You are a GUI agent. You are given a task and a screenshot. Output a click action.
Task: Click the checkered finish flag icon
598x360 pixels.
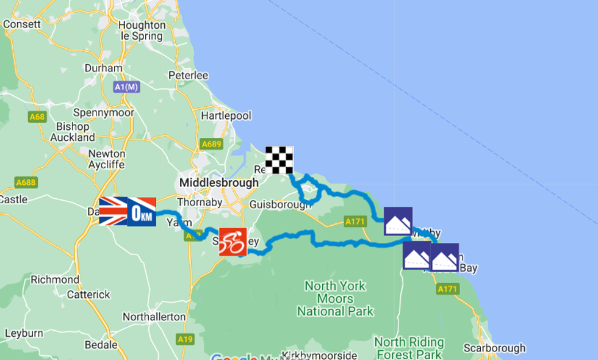pyautogui.click(x=279, y=160)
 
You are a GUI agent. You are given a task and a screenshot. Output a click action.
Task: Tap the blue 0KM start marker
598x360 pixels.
pyautogui.click(x=142, y=212)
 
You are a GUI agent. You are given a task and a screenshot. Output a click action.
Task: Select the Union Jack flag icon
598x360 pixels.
pyautogui.click(x=113, y=211)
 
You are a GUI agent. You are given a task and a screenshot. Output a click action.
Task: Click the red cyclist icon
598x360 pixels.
pyautogui.click(x=233, y=242)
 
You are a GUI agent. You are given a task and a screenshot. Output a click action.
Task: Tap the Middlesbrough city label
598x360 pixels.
pyautogui.click(x=218, y=182)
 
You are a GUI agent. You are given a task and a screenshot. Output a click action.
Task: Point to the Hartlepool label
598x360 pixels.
pyautogui.click(x=226, y=115)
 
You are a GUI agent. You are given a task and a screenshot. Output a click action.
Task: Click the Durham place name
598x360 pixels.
pyautogui.click(x=103, y=68)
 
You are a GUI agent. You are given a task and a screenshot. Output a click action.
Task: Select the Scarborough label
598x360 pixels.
pyautogui.click(x=494, y=348)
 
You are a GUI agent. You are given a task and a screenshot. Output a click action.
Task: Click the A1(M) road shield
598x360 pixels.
pyautogui.click(x=127, y=88)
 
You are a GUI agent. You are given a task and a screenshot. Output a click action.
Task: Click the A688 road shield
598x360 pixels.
pyautogui.click(x=26, y=182)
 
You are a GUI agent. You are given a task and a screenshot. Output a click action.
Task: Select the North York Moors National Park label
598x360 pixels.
pyautogui.click(x=335, y=298)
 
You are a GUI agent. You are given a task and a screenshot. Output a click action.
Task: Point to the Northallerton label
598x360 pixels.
pyautogui.click(x=154, y=317)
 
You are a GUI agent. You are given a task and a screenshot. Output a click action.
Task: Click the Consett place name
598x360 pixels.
pyautogui.click(x=21, y=24)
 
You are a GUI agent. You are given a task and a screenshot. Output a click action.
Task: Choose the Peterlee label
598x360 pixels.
pyautogui.click(x=189, y=76)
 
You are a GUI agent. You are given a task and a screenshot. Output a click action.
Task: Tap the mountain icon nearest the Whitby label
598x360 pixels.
pyautogui.click(x=398, y=221)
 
